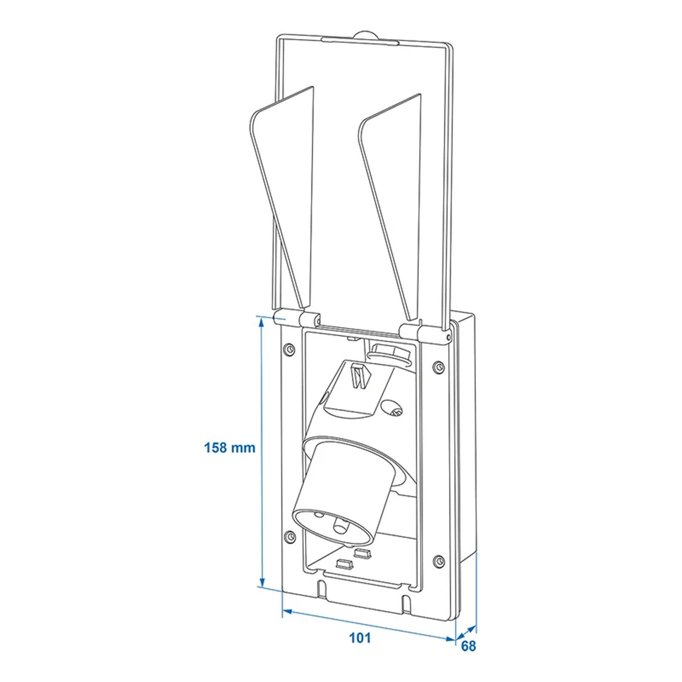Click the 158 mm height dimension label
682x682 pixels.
tap(230, 448)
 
